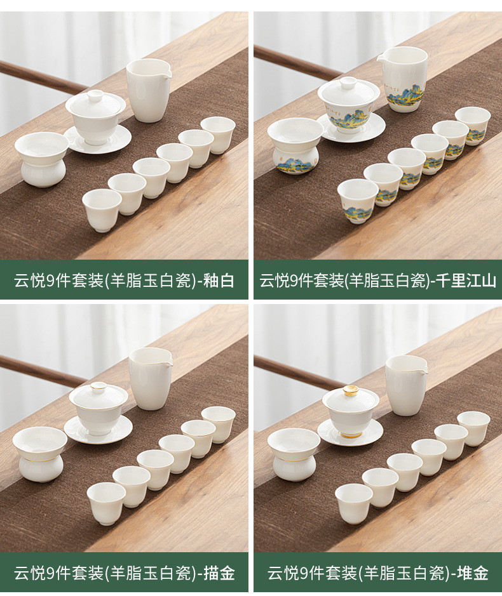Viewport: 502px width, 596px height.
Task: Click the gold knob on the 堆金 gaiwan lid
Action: pyautogui.click(x=351, y=391)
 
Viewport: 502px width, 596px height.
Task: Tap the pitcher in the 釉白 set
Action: pyautogui.click(x=149, y=91)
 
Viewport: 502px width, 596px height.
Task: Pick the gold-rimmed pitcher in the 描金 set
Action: pyautogui.click(x=151, y=378)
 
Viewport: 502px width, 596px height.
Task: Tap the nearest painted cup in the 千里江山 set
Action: pyautogui.click(x=358, y=201)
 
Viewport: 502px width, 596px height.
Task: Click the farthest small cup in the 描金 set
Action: pyautogui.click(x=219, y=424)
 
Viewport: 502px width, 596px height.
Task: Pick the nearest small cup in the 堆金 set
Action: pyautogui.click(x=354, y=503)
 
